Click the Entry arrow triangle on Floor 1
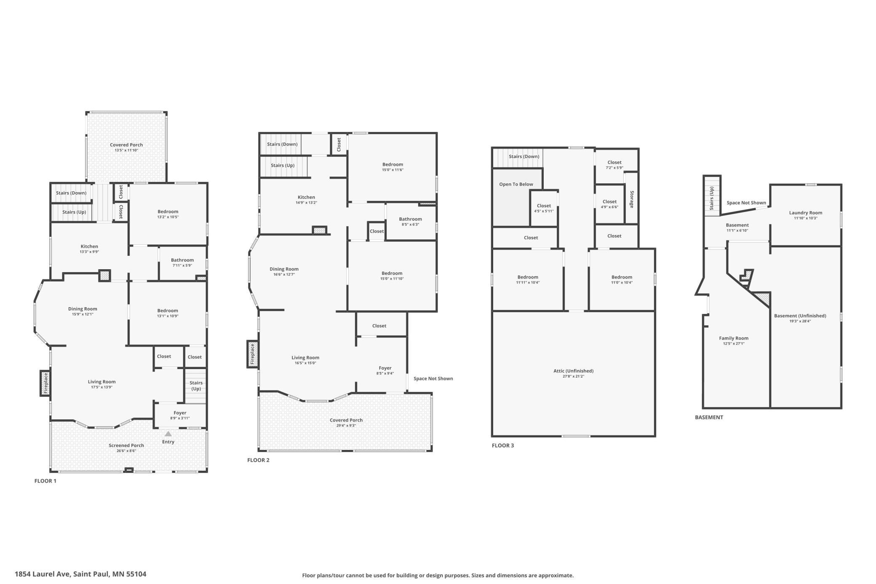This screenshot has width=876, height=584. (168, 434)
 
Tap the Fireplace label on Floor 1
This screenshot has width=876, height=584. (46, 383)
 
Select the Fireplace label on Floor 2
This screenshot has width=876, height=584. (253, 354)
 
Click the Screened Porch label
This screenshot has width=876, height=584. (126, 445)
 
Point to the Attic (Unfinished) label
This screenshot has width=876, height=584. (573, 371)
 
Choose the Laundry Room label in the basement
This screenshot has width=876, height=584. (805, 213)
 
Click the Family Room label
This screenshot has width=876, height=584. (734, 338)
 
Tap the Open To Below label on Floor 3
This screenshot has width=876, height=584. (516, 184)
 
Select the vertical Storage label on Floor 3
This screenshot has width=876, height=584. (632, 199)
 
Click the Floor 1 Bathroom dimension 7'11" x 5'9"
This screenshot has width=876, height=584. (182, 265)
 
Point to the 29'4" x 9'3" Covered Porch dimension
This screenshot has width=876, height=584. (346, 426)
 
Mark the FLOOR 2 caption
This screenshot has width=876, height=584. (258, 460)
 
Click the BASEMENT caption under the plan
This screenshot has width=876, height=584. (709, 417)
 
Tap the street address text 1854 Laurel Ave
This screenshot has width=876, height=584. (42, 574)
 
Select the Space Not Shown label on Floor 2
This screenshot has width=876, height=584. (433, 378)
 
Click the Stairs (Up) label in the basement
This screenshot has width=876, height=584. (712, 198)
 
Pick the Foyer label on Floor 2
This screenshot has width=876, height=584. (385, 368)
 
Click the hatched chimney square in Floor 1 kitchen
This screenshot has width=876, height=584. (104, 276)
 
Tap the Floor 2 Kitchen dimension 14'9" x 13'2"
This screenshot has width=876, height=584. (306, 203)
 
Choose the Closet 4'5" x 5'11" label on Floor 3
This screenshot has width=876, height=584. (544, 208)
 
